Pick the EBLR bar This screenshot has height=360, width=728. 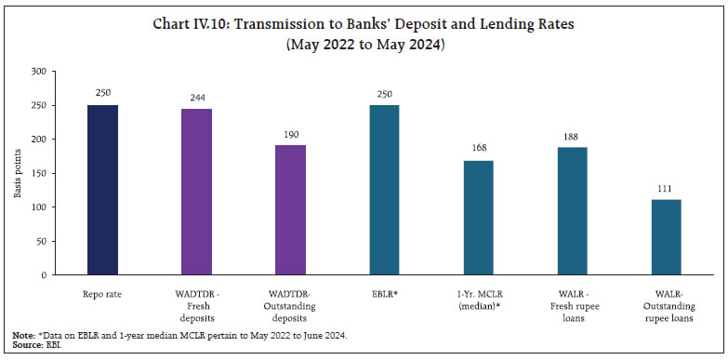[386, 190]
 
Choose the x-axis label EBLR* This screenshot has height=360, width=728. [386, 293]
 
